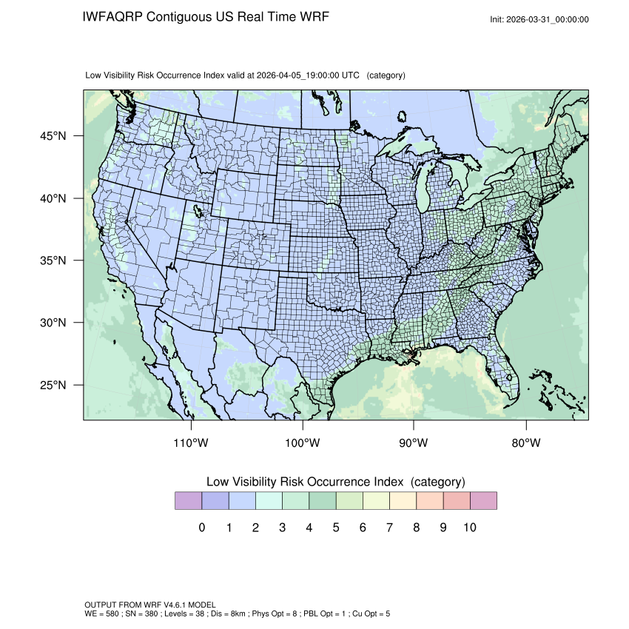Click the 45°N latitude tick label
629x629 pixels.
point(53,136)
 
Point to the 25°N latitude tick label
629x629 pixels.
point(53,386)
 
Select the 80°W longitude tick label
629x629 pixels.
point(526,443)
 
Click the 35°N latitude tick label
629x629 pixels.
point(53,261)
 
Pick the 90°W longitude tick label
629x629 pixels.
point(414,443)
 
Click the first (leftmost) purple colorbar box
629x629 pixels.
point(188,501)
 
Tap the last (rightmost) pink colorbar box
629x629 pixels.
point(483,501)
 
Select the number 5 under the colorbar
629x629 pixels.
point(336,528)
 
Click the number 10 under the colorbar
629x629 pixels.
point(469,528)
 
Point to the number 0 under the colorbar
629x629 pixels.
point(201,528)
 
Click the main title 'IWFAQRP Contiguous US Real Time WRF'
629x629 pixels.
point(206,16)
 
